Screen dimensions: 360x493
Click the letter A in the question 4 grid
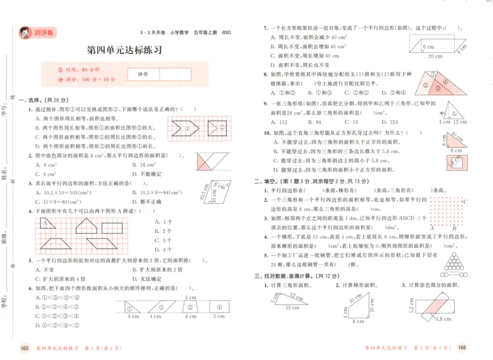(45, 222)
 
